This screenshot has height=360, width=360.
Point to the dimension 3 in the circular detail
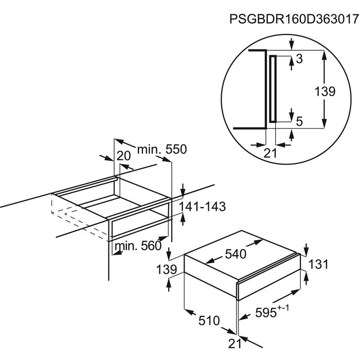coord(299,59)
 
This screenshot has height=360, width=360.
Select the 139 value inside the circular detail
coord(325,92)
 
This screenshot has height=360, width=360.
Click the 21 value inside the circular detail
coord(270,153)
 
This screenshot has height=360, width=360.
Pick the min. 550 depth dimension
coord(161,150)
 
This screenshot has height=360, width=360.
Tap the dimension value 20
coord(123,156)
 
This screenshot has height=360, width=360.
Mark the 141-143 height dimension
coord(202,207)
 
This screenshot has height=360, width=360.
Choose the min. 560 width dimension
coord(138,246)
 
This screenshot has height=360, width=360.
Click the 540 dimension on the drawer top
coord(235,254)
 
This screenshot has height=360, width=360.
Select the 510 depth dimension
coord(209,321)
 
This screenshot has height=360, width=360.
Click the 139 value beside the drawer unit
coord(168,269)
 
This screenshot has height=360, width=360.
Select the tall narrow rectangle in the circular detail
coord(273,88)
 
